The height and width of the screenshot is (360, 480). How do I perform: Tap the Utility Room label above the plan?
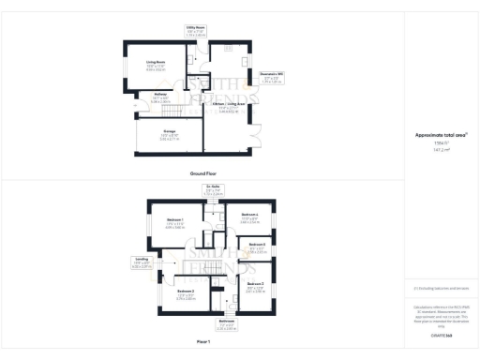pyautogui.click(x=195, y=29)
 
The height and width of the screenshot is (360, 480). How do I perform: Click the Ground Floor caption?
pyautogui.click(x=204, y=173)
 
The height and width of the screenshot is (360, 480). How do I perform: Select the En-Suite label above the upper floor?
pyautogui.click(x=214, y=187)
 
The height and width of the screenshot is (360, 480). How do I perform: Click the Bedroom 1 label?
pyautogui.click(x=175, y=220)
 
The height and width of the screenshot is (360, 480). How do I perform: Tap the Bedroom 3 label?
pyautogui.click(x=255, y=284)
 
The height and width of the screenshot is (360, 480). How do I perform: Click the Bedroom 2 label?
pyautogui.click(x=185, y=292)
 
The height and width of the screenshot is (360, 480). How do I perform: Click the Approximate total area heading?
pyautogui.click(x=441, y=134)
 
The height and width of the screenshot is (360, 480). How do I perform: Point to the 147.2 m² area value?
pyautogui.click(x=441, y=149)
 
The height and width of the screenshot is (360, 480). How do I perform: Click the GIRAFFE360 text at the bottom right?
pyautogui.click(x=441, y=334)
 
